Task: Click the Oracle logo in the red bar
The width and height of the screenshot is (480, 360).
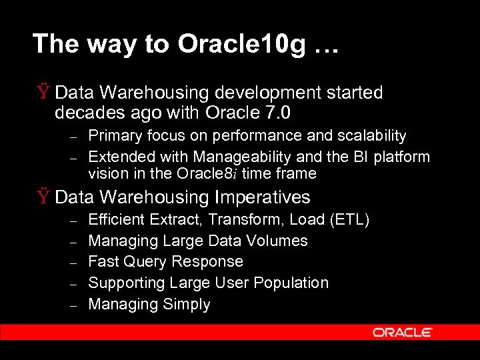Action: click(x=402, y=332)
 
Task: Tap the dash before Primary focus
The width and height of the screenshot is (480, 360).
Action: click(x=75, y=137)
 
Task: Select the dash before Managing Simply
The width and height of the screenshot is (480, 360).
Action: click(x=75, y=305)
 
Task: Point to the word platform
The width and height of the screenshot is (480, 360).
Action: click(x=402, y=157)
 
